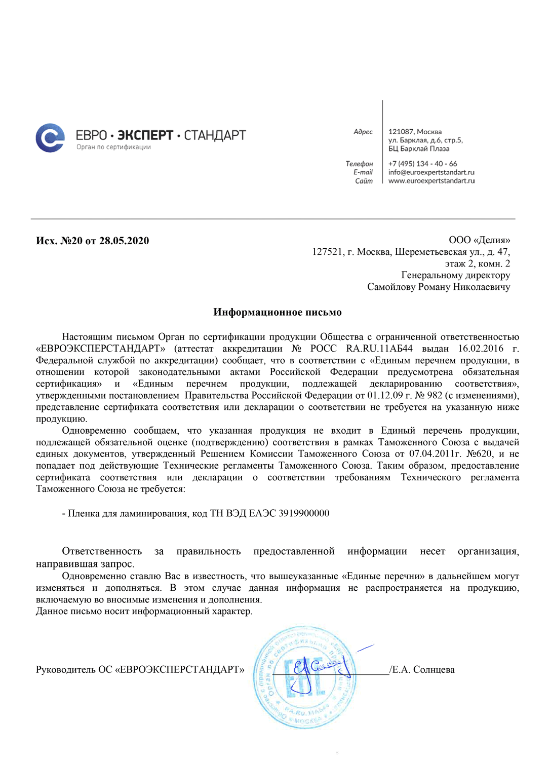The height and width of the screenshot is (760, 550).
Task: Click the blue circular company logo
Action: (x=50, y=138)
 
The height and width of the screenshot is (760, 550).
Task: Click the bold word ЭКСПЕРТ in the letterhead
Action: (x=145, y=135)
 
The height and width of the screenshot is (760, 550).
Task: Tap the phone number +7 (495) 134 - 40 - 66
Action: (x=422, y=164)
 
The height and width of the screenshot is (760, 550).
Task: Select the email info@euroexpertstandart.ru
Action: (x=431, y=172)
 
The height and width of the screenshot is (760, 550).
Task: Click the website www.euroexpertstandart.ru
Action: (x=431, y=181)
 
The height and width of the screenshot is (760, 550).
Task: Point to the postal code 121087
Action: (x=401, y=132)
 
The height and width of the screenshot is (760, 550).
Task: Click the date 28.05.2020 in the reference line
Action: (x=124, y=241)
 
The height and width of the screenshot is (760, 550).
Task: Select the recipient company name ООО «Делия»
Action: (x=479, y=240)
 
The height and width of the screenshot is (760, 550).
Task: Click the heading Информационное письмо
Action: (x=278, y=312)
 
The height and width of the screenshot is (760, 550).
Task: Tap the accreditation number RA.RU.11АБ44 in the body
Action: (x=379, y=349)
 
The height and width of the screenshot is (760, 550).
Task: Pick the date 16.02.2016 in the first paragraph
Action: (x=481, y=349)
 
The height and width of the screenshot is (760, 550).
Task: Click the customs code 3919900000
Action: (x=304, y=513)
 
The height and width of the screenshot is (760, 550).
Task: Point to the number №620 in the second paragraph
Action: (x=479, y=454)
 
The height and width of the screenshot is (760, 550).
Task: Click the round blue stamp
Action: (x=303, y=677)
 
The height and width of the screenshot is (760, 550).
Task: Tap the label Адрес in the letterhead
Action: (x=363, y=132)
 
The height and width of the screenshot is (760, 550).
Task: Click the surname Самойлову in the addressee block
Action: (x=391, y=287)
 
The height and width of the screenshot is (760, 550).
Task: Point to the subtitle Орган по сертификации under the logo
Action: (x=113, y=147)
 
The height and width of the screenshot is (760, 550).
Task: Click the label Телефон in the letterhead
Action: (x=359, y=164)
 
